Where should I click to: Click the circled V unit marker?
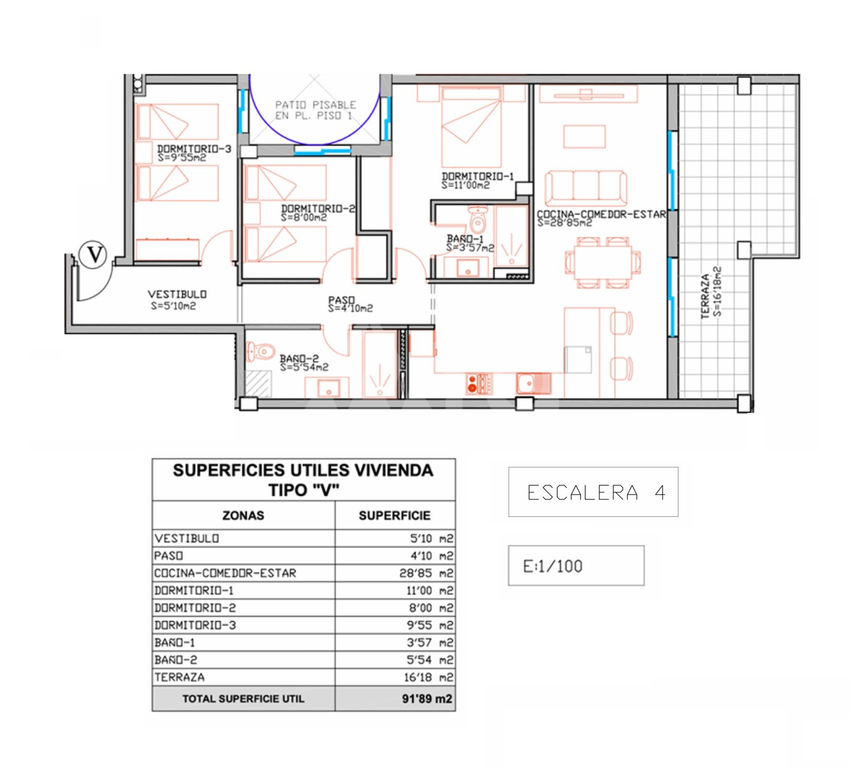pos(93,255)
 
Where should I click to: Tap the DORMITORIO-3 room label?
pos(194,149)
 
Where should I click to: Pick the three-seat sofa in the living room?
pos(586,188)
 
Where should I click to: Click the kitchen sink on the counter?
pos(533,383)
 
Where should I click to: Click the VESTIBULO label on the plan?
pos(177,294)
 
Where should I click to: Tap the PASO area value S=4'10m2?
pos(350,308)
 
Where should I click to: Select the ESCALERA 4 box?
pos(593,492)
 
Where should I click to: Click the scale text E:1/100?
pos(553,566)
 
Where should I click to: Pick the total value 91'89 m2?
pos(427,699)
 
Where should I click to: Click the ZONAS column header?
pos(243,516)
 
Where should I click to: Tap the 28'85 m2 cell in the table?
pos(426,573)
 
